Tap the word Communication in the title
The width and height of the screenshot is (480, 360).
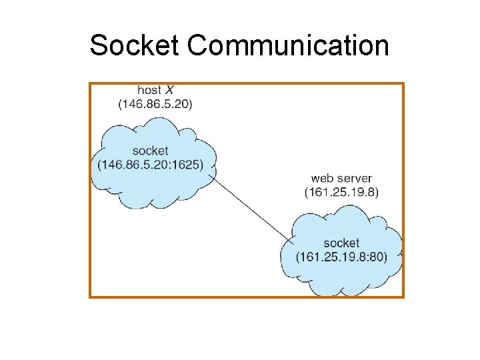point(288,46)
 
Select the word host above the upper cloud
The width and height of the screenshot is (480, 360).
point(149,90)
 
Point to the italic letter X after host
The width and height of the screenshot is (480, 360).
point(171,90)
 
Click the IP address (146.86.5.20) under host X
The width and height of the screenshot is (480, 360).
point(155,104)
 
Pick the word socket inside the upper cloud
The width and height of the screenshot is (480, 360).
point(150,151)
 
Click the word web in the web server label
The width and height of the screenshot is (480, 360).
point(323,179)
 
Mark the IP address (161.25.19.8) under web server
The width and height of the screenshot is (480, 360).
point(341,193)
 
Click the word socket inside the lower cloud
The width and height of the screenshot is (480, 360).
point(341,243)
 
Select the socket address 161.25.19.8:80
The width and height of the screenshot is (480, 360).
point(341,257)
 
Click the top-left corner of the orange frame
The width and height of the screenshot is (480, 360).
point(90,83)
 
